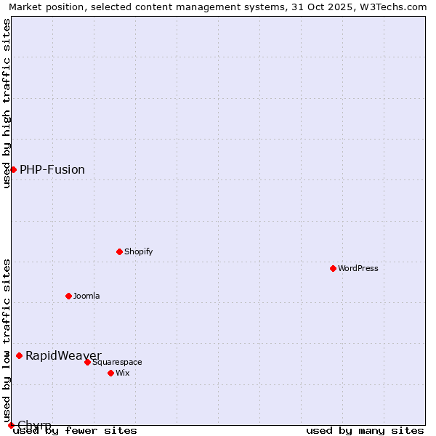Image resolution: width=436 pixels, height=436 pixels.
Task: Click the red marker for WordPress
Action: coord(334,268)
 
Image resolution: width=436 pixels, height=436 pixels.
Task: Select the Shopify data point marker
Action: coord(120,251)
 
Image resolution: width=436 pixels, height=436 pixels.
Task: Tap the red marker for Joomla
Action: coord(69,296)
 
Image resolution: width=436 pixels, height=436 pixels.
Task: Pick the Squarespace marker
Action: coord(88,362)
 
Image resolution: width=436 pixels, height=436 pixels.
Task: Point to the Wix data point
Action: coord(111,373)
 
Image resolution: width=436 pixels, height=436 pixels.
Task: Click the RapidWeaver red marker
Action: coord(20,355)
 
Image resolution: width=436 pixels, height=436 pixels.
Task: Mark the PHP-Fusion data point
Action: coord(13,169)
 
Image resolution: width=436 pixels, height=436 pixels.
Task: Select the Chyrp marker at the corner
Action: coord(11,425)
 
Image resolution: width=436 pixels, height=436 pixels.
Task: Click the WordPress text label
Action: coord(358,268)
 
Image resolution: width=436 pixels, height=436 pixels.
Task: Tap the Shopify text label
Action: coord(139,251)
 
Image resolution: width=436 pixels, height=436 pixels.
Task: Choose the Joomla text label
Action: coord(86,296)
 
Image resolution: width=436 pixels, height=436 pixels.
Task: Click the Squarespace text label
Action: coord(117,362)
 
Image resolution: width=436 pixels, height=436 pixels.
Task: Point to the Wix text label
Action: coord(123,373)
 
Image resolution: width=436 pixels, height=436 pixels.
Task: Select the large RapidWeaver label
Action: coord(63,355)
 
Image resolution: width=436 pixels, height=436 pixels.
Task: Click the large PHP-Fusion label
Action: coord(52,169)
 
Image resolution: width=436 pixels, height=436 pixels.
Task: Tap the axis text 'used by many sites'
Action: coord(365,430)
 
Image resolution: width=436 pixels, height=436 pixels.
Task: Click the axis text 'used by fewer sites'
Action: coord(76,430)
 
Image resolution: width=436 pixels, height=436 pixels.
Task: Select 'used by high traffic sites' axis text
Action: coord(7,103)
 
